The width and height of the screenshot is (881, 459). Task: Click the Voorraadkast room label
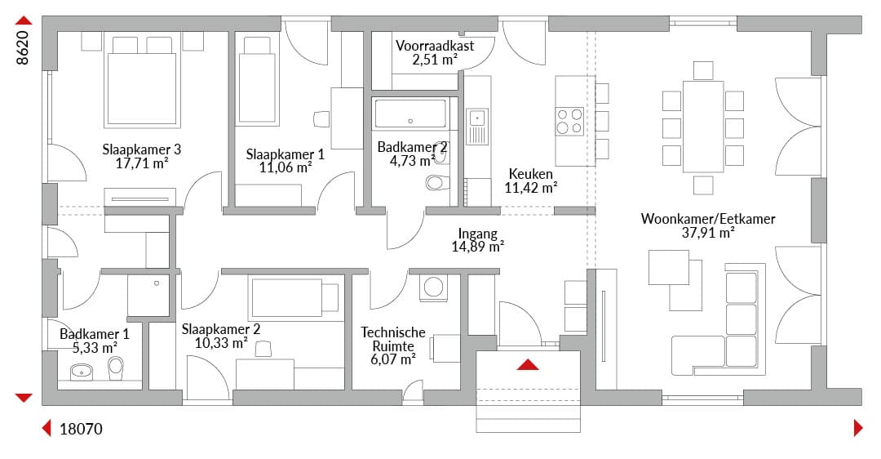[434, 46]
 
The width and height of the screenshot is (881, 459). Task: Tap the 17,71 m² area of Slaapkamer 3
[142, 163]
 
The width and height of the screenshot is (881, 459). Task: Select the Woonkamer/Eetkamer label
[708, 219]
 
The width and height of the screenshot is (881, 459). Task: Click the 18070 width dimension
[81, 429]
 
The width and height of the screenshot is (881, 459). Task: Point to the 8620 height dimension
[22, 48]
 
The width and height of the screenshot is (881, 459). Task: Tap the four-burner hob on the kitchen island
[569, 122]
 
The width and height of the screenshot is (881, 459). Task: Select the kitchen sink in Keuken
[477, 127]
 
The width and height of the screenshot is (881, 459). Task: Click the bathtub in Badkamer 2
[410, 114]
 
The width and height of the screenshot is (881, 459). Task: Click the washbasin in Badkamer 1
[82, 372]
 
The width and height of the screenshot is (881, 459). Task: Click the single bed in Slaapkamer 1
[257, 80]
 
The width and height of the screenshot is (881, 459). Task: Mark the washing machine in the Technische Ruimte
[434, 287]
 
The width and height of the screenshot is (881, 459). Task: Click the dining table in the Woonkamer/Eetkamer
[703, 127]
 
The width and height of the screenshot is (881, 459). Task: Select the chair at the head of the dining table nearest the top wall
[703, 71]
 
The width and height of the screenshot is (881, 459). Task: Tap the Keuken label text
[530, 174]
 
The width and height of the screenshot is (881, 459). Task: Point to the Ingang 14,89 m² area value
[477, 247]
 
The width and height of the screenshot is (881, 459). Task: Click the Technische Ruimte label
[393, 339]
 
